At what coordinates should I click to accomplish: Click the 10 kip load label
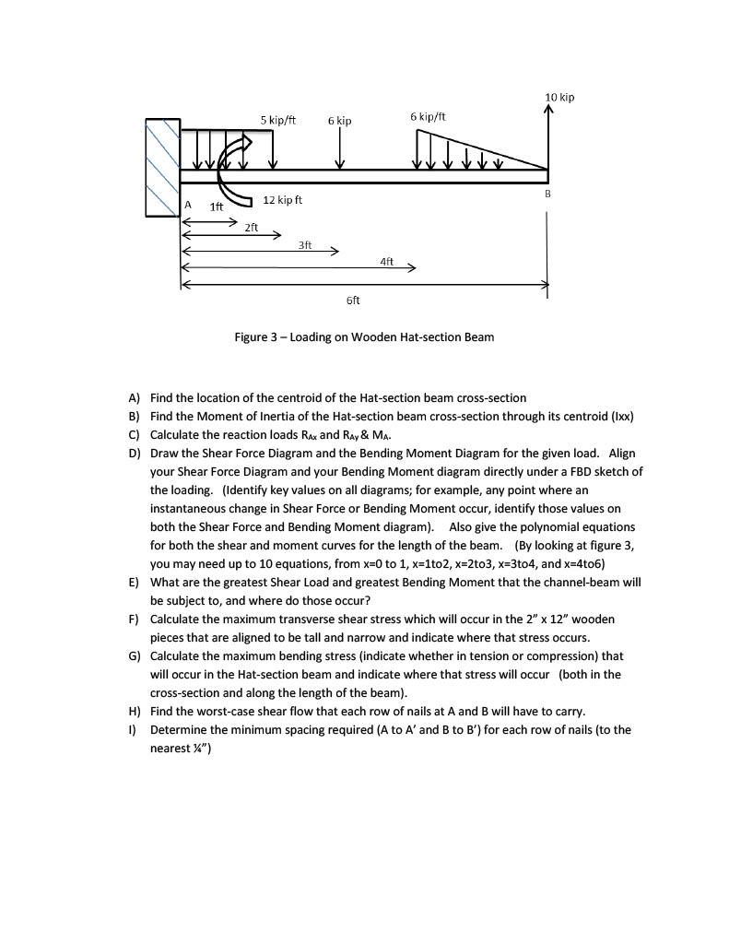tap(559, 98)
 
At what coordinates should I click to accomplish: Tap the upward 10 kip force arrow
tap(548, 138)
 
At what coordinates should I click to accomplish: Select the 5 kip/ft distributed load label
tap(277, 120)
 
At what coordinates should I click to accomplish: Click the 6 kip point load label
tap(339, 121)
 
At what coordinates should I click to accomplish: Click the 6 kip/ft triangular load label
tap(428, 116)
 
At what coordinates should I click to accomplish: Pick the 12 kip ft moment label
tap(282, 200)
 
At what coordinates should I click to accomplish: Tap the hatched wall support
tap(162, 167)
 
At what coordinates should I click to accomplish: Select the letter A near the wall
tap(187, 205)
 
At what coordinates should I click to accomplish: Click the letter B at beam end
tap(547, 194)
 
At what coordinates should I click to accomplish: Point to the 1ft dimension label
tap(216, 207)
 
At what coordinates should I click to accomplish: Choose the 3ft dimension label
tap(305, 244)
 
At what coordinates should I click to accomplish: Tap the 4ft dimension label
tap(386, 262)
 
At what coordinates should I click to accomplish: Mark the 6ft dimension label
tap(353, 301)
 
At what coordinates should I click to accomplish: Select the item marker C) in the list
tap(134, 434)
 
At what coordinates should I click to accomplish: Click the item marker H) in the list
tap(134, 711)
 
